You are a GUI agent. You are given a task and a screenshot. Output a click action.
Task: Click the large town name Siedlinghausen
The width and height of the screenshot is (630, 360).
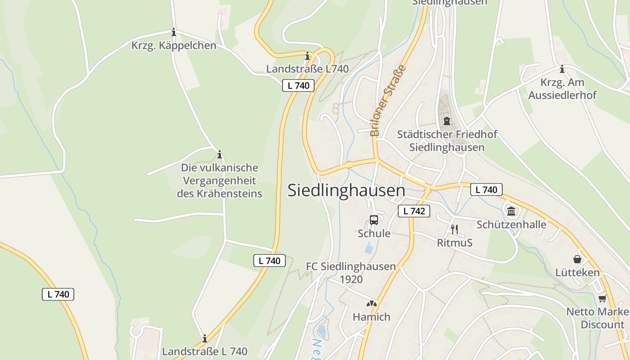(346, 190)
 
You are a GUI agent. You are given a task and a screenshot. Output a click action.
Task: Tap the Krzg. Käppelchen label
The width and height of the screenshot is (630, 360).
(174, 45)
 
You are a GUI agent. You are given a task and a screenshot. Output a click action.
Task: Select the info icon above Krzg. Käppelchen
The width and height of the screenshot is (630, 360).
(174, 32)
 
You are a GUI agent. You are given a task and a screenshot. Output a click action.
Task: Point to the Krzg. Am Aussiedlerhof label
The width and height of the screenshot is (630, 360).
(562, 89)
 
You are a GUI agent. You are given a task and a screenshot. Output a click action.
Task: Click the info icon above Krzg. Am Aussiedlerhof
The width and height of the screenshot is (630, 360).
(562, 69)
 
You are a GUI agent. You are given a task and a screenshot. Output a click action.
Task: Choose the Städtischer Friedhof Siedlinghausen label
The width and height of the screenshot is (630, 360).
(447, 141)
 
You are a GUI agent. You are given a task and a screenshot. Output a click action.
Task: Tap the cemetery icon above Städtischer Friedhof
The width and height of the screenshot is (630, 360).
(446, 121)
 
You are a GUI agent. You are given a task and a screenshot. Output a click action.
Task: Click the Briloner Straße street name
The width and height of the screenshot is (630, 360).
(388, 101)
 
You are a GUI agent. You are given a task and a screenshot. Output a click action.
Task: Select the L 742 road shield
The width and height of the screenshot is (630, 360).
(414, 211)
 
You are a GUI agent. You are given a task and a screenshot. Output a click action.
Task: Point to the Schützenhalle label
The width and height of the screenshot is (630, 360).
(511, 224)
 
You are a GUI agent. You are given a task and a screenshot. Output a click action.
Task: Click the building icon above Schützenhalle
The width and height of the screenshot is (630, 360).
(511, 211)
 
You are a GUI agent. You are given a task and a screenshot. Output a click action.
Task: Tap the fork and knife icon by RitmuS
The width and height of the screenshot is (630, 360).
(454, 229)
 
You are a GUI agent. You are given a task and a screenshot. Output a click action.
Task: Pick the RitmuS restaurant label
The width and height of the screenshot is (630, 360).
(454, 243)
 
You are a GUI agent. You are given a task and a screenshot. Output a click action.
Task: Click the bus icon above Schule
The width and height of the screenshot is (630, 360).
(374, 220)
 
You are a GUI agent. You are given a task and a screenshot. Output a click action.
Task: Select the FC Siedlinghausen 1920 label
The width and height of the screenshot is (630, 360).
(351, 273)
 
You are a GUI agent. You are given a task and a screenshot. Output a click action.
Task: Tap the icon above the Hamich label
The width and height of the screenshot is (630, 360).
(371, 304)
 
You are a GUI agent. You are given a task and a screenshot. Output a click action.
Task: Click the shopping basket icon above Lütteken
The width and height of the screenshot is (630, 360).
(577, 259)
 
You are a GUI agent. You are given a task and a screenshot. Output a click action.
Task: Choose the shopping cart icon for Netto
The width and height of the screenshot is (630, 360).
(602, 298)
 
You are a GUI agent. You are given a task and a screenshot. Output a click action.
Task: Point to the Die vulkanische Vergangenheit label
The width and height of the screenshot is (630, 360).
(220, 180)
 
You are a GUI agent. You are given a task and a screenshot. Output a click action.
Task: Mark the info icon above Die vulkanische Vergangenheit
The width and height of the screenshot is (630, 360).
(220, 155)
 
